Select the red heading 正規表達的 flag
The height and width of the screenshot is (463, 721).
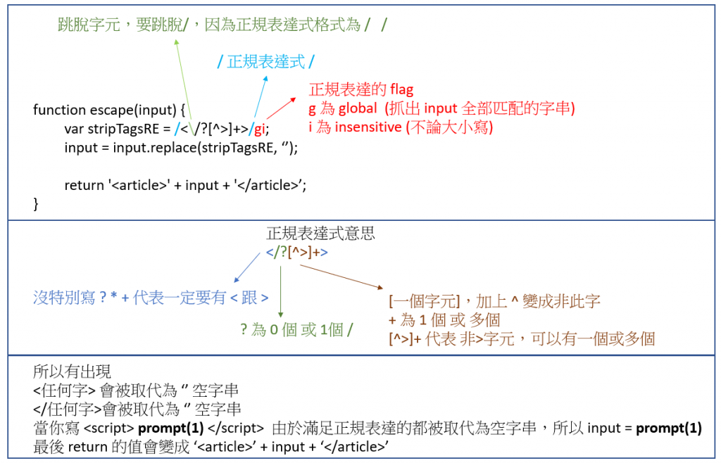point(361,90)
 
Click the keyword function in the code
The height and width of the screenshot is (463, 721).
point(59,110)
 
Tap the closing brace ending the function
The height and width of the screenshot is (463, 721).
point(37,203)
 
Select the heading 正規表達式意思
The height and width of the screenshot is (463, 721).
point(320,234)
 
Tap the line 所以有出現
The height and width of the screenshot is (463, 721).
point(72,372)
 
